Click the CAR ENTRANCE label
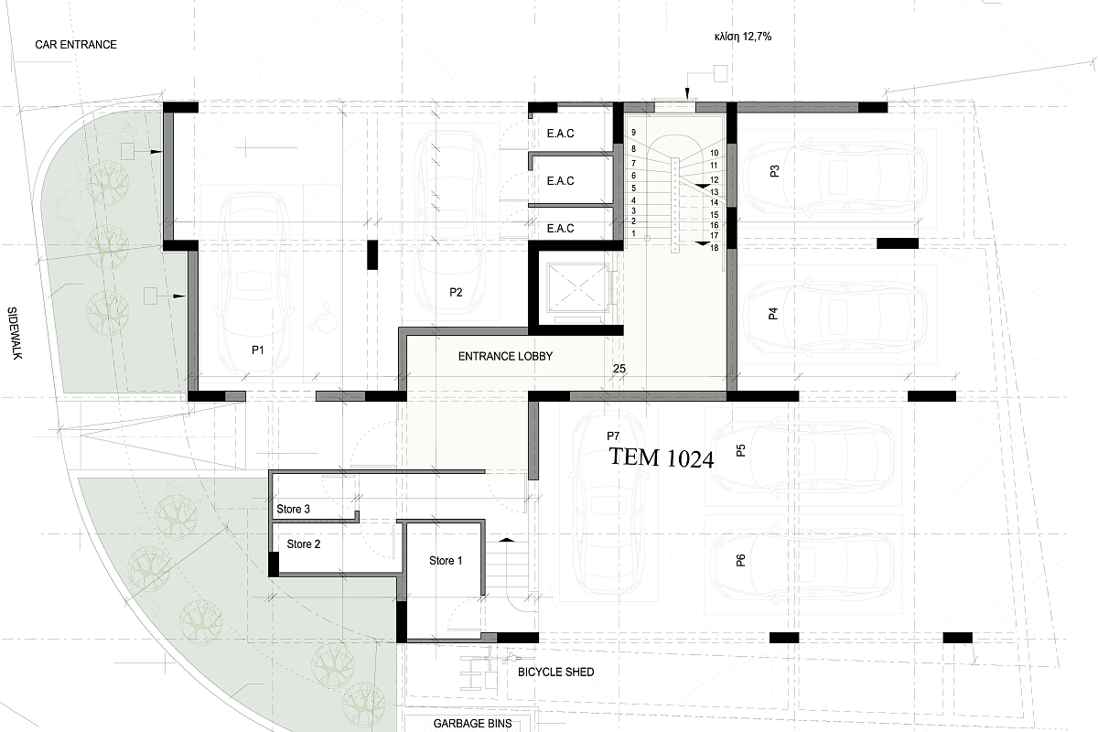[76, 45]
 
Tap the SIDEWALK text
[15, 333]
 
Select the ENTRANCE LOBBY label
[505, 357]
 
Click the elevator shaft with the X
[576, 288]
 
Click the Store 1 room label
[446, 560]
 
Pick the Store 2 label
[304, 544]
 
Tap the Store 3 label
[293, 509]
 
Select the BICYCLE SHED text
[556, 673]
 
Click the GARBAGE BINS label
[472, 723]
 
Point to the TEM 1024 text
[662, 457]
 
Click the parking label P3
[774, 171]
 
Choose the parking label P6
[740, 560]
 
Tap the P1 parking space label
[258, 350]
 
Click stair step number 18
[715, 248]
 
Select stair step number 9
[634, 133]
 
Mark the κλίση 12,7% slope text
[743, 37]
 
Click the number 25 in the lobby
[619, 369]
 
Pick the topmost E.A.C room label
[560, 134]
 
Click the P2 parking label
[456, 292]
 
